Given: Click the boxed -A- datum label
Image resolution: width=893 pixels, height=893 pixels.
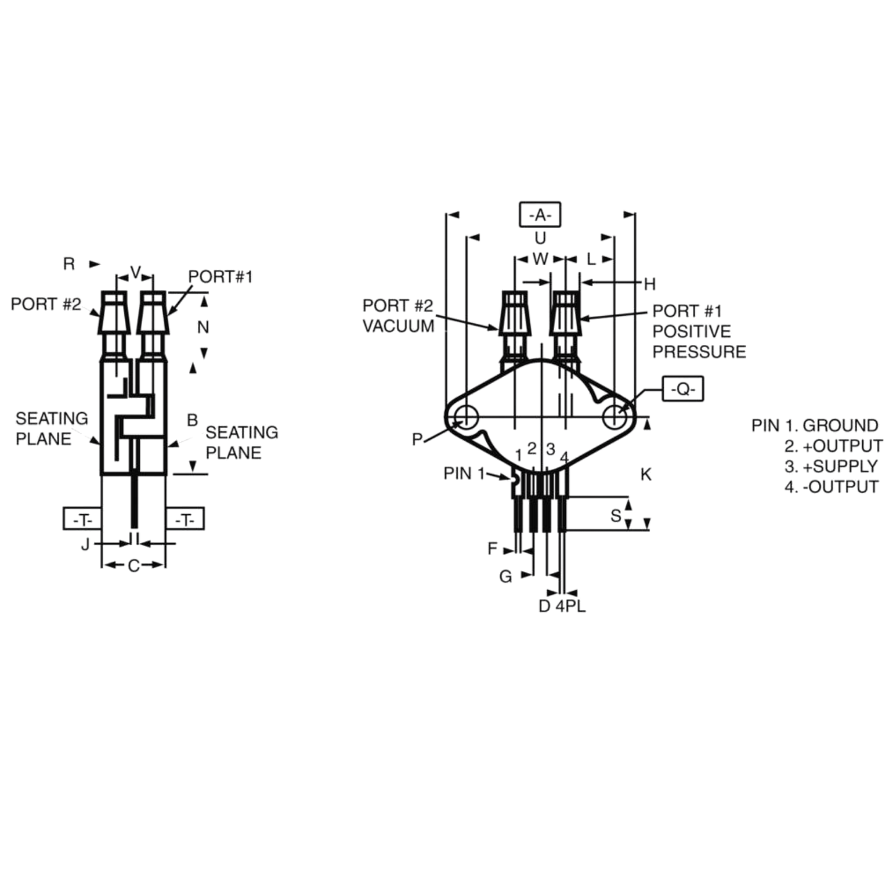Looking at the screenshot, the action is (x=540, y=215).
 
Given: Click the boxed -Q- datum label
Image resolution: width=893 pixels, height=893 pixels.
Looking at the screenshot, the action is (x=683, y=389).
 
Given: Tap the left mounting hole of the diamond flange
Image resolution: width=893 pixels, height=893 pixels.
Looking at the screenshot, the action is (x=467, y=417).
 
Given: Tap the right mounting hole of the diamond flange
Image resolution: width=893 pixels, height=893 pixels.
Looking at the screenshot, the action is (x=615, y=417).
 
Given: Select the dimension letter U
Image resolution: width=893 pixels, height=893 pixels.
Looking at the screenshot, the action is (x=540, y=238).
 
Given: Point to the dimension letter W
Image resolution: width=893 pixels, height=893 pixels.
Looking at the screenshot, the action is (x=540, y=259).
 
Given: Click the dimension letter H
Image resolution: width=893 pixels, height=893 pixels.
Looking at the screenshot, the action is (x=650, y=284).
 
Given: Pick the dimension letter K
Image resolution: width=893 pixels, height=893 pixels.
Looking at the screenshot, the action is (x=646, y=475).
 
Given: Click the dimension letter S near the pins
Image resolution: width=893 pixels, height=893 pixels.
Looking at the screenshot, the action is (x=616, y=516).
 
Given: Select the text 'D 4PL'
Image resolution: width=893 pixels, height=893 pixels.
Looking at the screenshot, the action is (x=562, y=606).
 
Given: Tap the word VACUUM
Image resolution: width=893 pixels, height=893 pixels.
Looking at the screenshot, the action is (x=399, y=326).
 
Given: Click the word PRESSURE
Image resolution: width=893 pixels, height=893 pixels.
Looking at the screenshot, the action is (x=700, y=352).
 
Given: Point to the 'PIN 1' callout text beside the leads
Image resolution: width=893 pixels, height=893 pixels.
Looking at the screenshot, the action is (x=464, y=473).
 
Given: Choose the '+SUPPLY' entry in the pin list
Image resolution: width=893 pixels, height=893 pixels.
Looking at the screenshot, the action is (x=840, y=466).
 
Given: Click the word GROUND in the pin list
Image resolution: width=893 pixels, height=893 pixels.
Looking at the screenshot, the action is (x=840, y=425).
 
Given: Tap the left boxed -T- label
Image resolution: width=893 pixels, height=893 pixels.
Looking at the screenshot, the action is (x=82, y=518).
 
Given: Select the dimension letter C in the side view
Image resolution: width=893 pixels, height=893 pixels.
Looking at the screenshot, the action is (x=133, y=566).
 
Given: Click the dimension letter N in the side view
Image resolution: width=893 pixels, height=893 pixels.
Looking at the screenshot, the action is (x=203, y=328).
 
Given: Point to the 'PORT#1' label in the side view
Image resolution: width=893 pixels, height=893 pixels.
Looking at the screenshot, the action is (x=220, y=277).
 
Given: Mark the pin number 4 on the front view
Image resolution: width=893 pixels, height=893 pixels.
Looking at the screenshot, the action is (x=564, y=458).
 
